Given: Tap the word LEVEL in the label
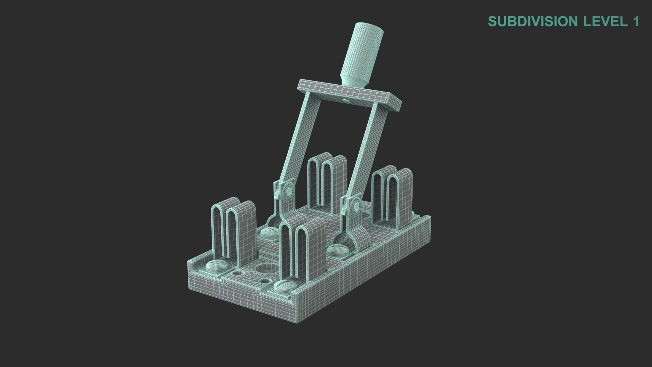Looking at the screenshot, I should click(605, 21).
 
